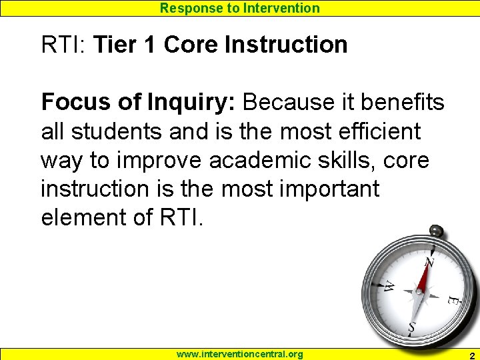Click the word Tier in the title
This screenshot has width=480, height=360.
point(114,45)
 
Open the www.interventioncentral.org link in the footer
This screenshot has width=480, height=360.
point(239,354)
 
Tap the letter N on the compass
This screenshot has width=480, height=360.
point(429,263)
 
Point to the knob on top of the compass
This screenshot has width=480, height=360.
point(437,231)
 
